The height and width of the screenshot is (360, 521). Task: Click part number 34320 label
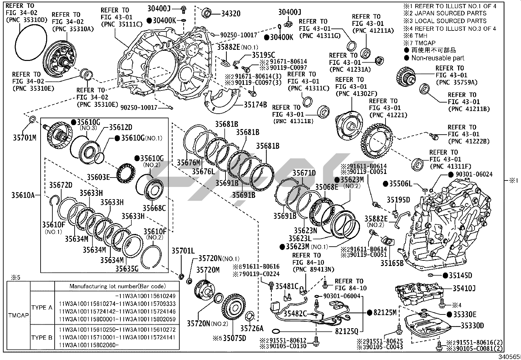pyautogui.click(x=231, y=13)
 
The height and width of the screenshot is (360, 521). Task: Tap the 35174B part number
pyautogui.click(x=255, y=105)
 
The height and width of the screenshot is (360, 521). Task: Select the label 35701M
pyautogui.click(x=25, y=138)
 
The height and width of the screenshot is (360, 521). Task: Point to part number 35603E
pyautogui.click(x=98, y=177)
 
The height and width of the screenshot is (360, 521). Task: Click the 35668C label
pyautogui.click(x=154, y=208)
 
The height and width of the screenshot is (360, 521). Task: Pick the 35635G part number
pyautogui.click(x=127, y=269)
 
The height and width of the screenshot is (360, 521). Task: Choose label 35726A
pyautogui.click(x=252, y=328)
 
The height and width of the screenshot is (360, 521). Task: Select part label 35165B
pyautogui.click(x=392, y=263)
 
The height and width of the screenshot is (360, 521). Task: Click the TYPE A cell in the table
pyautogui.click(x=42, y=307)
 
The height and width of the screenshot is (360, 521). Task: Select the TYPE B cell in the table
pyautogui.click(x=42, y=337)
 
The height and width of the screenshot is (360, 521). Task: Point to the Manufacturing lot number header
pyautogui.click(x=117, y=286)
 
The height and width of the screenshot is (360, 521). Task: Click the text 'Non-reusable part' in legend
pyautogui.click(x=438, y=58)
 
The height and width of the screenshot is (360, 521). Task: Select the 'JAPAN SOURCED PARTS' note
pyautogui.click(x=450, y=13)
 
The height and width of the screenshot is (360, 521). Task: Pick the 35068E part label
pyautogui.click(x=327, y=187)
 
